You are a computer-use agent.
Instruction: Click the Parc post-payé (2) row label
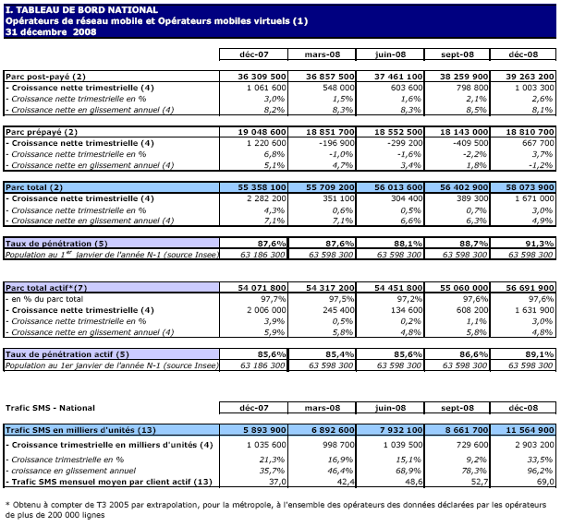pos(45,76)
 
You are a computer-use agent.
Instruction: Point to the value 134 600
pos(404,311)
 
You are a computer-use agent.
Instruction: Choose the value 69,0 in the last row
pos(542,482)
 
